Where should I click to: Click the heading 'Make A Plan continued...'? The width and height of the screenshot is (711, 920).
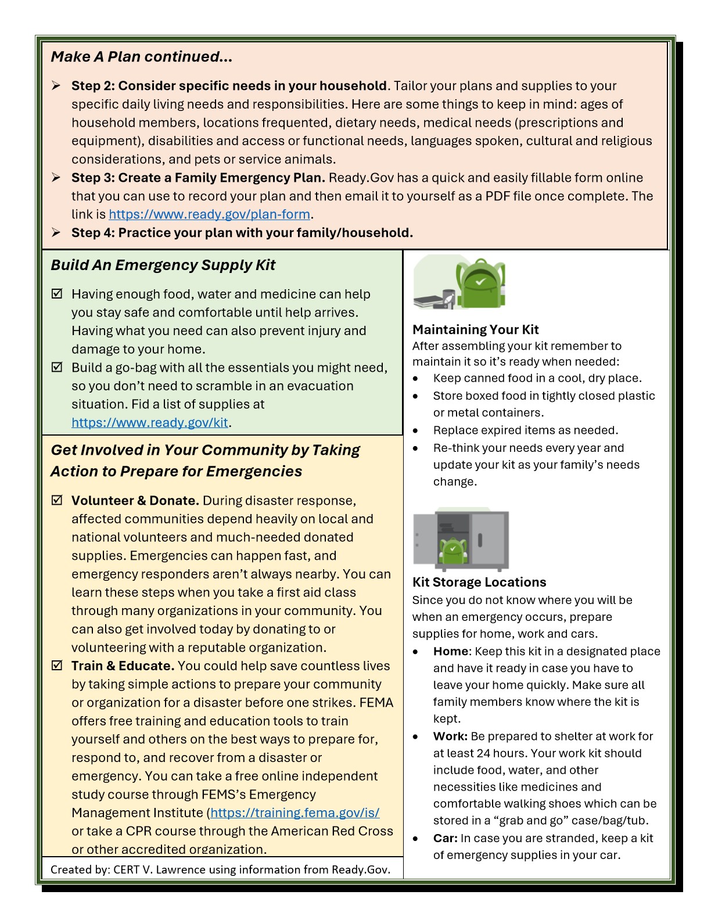tap(141, 57)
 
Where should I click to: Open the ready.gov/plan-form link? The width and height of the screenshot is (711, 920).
tap(209, 214)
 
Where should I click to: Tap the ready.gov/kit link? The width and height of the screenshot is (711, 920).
tap(150, 423)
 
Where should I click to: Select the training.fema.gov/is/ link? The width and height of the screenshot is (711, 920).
tap(295, 813)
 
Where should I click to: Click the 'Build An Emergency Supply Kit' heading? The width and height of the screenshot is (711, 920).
tap(163, 265)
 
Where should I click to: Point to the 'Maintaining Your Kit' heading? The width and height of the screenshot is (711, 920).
tap(475, 330)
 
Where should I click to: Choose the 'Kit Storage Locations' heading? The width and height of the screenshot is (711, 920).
tap(479, 583)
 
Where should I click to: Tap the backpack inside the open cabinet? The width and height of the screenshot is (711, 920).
tap(453, 551)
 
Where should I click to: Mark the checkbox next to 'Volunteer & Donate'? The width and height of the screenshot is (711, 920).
tap(57, 500)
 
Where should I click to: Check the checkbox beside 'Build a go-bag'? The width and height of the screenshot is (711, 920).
tap(57, 367)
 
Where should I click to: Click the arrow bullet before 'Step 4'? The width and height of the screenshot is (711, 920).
tap(56, 232)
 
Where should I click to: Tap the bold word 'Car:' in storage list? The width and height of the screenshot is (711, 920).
tap(445, 839)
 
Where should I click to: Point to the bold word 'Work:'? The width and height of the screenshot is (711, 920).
tap(450, 736)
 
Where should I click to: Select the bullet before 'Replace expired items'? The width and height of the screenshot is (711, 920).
tap(415, 431)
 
